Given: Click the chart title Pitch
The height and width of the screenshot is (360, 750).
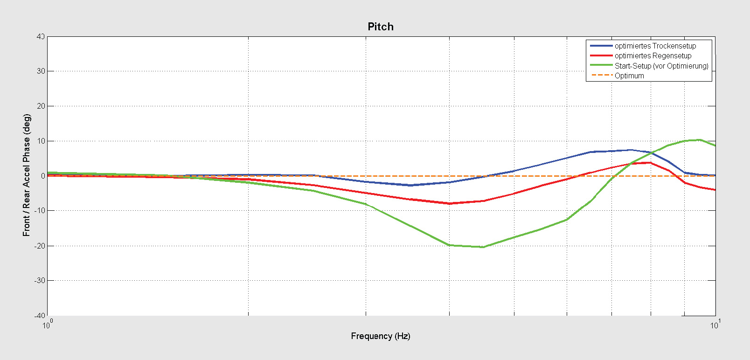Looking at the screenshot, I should (x=381, y=27).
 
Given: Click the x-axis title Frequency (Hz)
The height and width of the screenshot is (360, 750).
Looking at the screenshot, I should (x=381, y=336).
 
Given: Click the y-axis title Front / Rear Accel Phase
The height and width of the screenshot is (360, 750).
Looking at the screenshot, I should (x=27, y=175).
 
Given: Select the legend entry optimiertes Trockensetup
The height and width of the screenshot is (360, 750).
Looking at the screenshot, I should (x=655, y=46).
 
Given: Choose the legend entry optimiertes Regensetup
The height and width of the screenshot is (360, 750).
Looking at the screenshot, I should (x=653, y=55).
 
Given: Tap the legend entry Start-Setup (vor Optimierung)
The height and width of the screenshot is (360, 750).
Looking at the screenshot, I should (x=661, y=66).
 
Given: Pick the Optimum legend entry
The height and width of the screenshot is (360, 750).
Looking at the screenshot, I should (x=629, y=76).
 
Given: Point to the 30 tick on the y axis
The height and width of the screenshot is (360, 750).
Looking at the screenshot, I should (x=41, y=71).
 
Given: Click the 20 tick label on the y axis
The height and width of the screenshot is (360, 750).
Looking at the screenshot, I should (x=41, y=106).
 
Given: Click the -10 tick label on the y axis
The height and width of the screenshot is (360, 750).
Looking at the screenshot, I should (x=40, y=211).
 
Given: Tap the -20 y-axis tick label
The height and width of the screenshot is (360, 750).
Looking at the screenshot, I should (x=40, y=246).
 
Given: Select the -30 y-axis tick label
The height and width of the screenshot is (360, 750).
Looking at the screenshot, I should (x=40, y=281).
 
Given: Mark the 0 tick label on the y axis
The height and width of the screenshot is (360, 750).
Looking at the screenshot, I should (x=43, y=176).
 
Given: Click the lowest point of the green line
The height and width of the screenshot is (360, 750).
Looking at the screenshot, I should (x=483, y=247).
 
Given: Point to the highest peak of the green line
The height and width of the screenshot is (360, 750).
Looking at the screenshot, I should (x=699, y=139).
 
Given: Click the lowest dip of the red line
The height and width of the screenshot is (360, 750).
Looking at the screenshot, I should (x=449, y=203).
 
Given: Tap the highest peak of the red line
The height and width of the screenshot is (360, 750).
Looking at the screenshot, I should (x=650, y=163).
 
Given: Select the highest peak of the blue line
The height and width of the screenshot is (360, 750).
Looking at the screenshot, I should (x=631, y=150).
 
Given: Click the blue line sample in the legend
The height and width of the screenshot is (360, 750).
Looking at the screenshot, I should (x=601, y=46).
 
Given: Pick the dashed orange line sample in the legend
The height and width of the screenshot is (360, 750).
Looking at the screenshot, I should (x=601, y=76).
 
